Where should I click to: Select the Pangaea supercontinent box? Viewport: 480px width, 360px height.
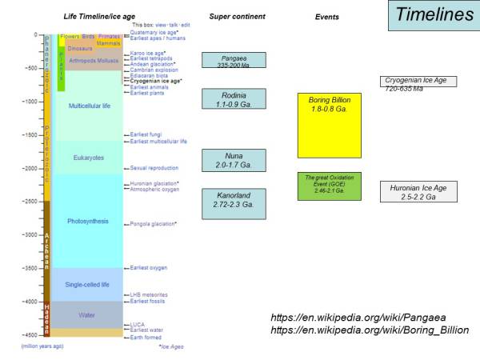234,60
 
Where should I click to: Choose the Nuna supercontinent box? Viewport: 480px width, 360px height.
234,159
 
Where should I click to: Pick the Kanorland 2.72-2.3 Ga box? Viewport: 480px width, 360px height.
234,200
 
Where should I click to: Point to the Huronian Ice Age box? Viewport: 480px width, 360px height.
418,192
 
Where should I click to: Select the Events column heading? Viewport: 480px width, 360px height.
326,16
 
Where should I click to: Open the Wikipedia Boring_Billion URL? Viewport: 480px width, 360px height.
370,330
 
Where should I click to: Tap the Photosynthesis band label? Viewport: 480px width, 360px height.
88,221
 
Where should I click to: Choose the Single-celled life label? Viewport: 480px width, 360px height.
88,284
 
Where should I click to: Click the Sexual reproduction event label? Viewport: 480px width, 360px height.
154,169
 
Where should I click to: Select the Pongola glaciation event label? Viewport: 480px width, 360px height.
154,225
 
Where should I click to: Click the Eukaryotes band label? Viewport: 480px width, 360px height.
88,158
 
